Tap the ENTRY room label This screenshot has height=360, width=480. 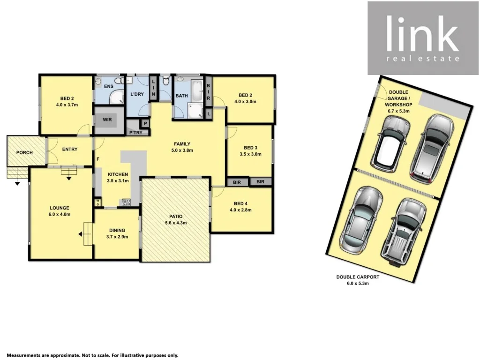point(70,150)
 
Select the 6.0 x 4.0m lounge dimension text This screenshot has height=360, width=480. point(60,215)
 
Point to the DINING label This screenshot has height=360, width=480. point(117,230)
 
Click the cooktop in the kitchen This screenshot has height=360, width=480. point(126,202)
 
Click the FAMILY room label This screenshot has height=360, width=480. point(183,144)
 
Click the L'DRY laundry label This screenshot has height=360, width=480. point(137,94)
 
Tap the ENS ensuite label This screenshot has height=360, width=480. point(109,86)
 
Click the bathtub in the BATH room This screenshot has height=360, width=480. point(197,91)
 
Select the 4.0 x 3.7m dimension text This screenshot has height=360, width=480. point(66,105)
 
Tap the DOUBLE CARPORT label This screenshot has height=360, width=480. point(358,277)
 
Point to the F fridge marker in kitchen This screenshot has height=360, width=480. point(98,159)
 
